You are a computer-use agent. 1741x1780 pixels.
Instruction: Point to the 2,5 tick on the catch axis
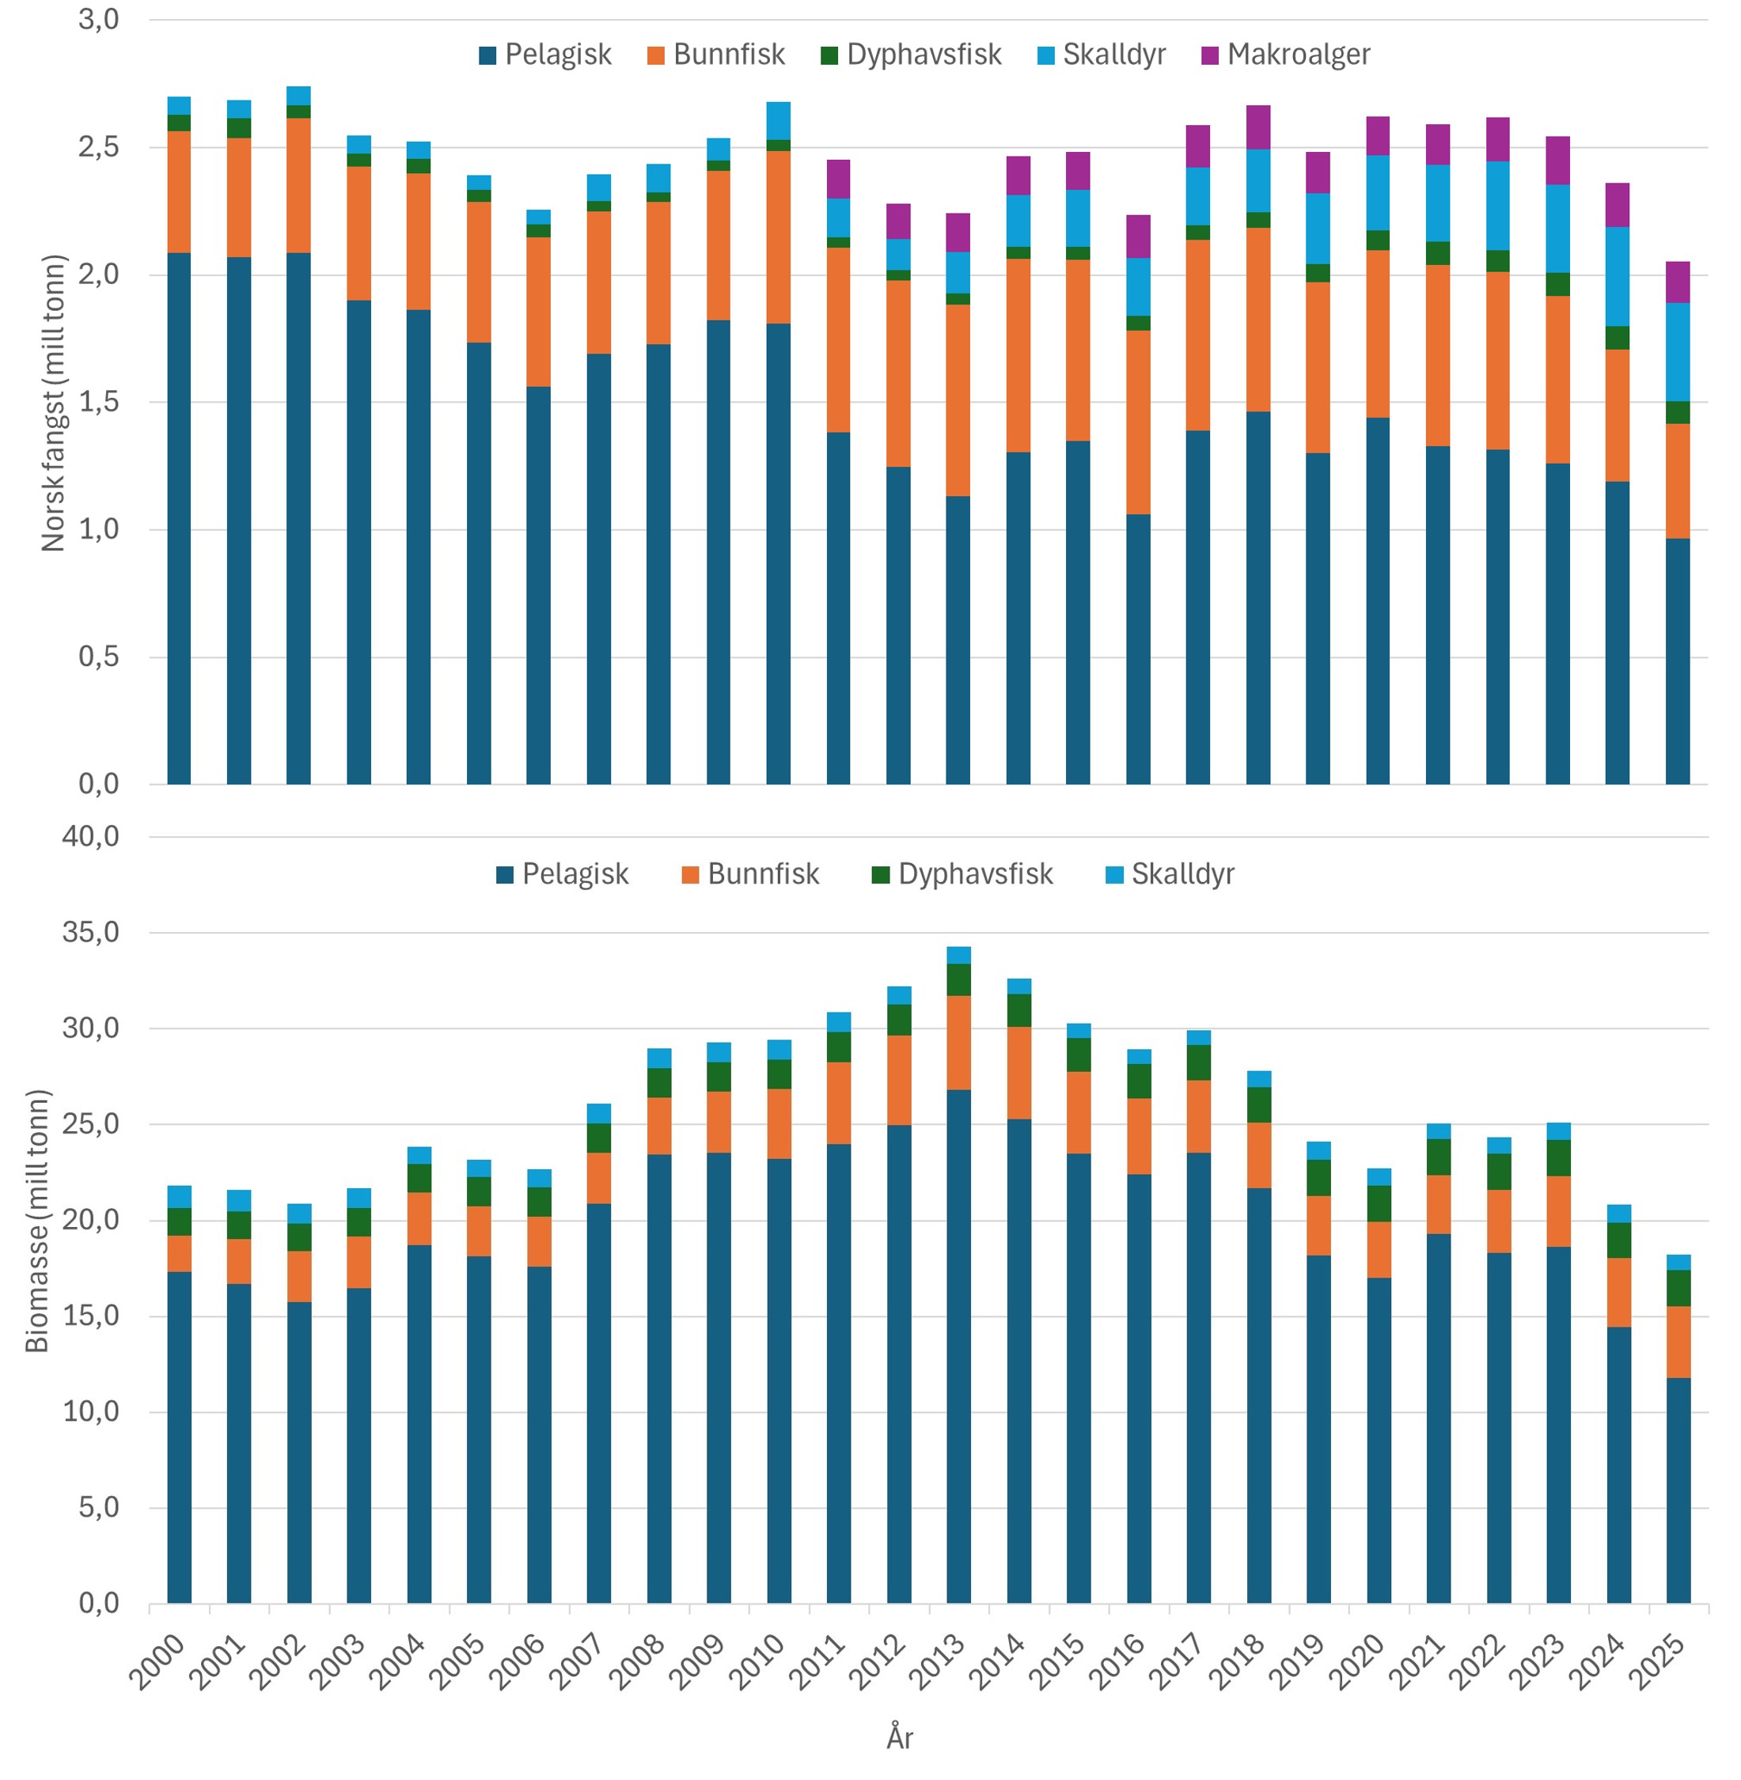point(99,147)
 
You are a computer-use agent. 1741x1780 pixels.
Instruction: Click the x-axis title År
point(900,1738)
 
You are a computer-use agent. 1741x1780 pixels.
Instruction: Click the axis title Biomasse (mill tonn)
point(36,1221)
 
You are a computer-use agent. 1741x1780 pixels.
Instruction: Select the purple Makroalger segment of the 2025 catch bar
point(1677,282)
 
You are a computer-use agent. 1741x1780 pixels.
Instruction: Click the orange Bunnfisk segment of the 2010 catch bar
point(778,237)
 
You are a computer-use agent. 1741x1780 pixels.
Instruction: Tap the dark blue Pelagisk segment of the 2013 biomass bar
point(958,1344)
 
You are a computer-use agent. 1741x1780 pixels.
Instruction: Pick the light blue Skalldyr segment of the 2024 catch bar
point(1618,276)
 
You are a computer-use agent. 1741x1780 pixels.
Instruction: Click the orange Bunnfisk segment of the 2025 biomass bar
point(1678,1341)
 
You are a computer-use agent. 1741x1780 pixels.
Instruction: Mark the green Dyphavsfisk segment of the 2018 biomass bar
point(1258,1104)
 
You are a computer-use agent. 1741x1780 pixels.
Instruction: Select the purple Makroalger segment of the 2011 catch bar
point(837,180)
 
